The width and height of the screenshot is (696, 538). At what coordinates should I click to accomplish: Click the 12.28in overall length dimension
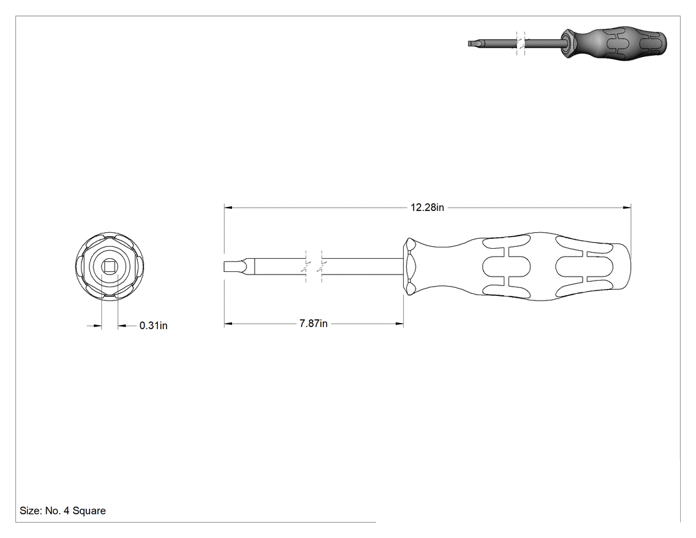(x=427, y=208)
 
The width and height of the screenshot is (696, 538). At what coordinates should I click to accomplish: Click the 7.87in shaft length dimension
(x=314, y=324)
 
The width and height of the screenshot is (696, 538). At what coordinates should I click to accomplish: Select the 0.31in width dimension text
(x=154, y=326)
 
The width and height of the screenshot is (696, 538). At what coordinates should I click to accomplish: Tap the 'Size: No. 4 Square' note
(x=62, y=511)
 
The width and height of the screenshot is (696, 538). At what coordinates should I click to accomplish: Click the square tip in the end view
(x=109, y=266)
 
